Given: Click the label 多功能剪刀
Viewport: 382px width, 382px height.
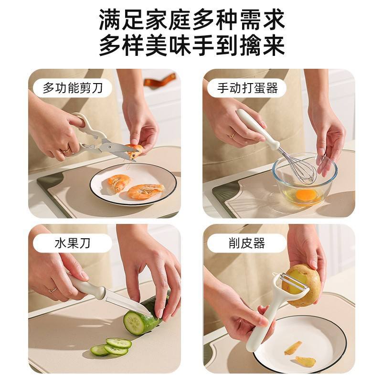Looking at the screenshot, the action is (73, 88).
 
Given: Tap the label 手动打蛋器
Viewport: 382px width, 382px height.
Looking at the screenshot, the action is (247, 88).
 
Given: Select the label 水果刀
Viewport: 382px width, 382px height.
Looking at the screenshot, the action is (73, 243).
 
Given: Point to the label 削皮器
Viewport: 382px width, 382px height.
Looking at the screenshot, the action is (247, 243).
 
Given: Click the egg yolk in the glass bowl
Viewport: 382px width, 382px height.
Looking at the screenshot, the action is (307, 195).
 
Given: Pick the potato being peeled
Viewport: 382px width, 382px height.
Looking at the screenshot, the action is (303, 286).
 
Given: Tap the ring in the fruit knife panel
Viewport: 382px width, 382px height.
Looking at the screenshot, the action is (53, 289).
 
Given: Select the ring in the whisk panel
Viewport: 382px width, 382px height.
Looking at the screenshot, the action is (233, 135).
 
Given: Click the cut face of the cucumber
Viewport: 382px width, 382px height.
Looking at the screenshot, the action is (134, 323).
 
